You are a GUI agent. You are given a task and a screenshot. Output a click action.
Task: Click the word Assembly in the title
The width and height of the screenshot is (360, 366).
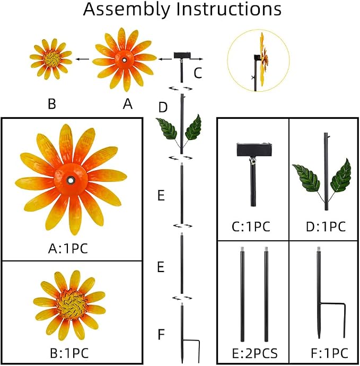[x=127, y=10]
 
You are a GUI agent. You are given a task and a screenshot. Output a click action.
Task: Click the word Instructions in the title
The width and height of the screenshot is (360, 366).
[x=229, y=9]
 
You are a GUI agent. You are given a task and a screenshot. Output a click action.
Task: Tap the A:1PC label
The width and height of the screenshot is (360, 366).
[x=68, y=249]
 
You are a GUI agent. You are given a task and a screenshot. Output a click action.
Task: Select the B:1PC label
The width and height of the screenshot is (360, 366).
[x=69, y=353]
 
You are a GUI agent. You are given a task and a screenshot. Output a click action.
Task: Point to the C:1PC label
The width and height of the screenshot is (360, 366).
[x=251, y=226]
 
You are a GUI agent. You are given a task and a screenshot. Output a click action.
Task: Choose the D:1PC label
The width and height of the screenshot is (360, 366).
[x=326, y=226]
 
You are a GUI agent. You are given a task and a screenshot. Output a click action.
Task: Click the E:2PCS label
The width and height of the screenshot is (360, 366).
[x=255, y=353]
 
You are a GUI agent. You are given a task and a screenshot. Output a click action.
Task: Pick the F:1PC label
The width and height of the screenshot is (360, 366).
[x=329, y=353]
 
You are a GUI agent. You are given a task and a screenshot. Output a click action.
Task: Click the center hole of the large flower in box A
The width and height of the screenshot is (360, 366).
[x=70, y=180]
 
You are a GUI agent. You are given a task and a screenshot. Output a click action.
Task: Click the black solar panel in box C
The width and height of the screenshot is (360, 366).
[x=254, y=150]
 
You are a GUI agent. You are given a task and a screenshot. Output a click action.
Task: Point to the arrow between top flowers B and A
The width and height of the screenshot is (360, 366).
[x=83, y=59]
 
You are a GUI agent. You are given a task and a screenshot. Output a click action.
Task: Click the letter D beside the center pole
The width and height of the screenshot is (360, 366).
[x=163, y=107]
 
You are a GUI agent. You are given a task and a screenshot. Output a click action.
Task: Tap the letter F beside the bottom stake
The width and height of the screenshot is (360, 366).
[x=161, y=334]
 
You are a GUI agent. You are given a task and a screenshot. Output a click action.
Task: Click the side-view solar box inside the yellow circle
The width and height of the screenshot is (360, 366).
[x=257, y=57]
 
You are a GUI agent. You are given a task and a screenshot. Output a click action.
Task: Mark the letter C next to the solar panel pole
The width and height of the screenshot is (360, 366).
[x=198, y=73]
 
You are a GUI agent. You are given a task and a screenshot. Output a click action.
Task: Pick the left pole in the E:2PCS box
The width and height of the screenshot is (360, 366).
[x=242, y=294]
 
